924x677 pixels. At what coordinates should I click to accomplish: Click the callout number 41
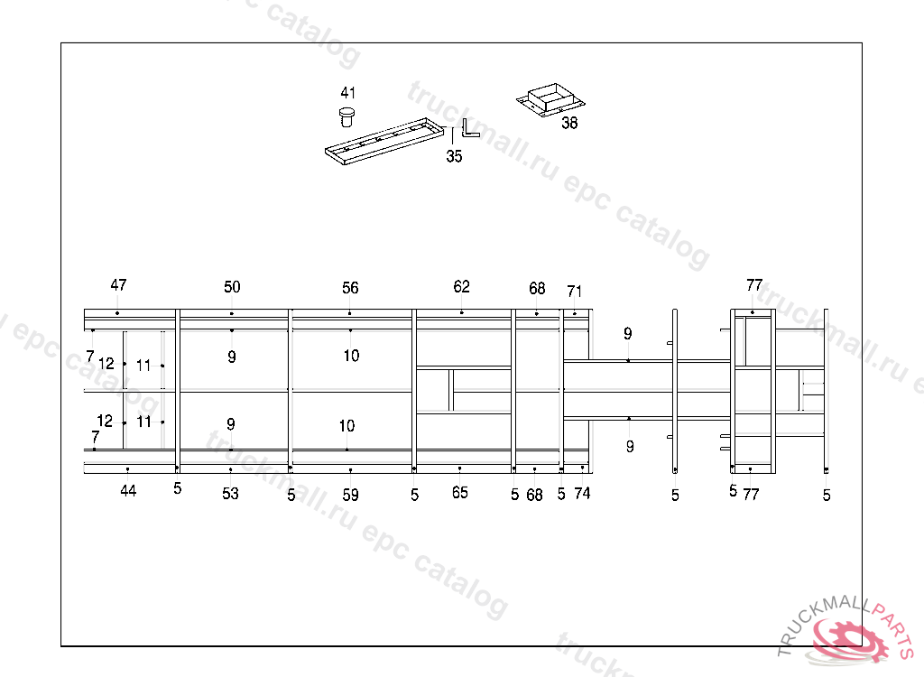tap(348, 93)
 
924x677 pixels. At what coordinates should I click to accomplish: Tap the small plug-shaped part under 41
tap(346, 116)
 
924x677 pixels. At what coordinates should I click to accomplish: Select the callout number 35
tap(454, 156)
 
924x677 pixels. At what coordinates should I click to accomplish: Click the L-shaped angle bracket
tap(469, 128)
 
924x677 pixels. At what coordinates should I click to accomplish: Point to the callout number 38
tap(569, 124)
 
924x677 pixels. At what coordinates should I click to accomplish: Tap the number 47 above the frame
tap(118, 285)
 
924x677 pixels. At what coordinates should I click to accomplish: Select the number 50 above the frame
tap(232, 287)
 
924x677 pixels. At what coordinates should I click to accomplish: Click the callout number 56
tap(350, 288)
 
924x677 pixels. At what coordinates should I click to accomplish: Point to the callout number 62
tap(462, 287)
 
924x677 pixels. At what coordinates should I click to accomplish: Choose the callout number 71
tap(575, 291)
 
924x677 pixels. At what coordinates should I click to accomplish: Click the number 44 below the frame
tap(128, 491)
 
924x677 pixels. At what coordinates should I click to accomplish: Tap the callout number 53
tap(231, 494)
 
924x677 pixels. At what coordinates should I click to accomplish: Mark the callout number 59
tap(350, 495)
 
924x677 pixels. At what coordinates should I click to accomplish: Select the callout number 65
tap(460, 493)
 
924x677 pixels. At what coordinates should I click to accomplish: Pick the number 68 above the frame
tap(537, 289)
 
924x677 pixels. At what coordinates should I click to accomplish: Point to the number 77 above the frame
tap(754, 285)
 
